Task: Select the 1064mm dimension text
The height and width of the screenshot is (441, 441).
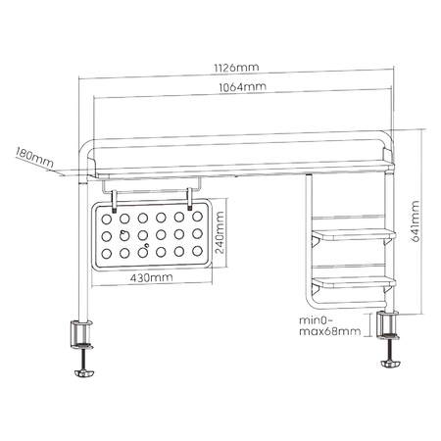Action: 239,88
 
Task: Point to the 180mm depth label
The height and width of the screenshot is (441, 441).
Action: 32,154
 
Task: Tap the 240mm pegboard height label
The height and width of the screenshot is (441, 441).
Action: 220,235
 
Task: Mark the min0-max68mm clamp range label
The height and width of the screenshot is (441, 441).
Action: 328,326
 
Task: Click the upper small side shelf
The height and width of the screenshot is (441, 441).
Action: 354,234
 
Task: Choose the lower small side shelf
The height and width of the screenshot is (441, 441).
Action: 354,282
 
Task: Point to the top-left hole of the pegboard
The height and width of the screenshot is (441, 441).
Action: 105,219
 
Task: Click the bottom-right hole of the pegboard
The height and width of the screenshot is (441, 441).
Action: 198,254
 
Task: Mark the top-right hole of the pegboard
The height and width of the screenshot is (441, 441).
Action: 198,219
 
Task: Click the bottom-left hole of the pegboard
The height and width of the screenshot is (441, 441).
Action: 105,254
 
